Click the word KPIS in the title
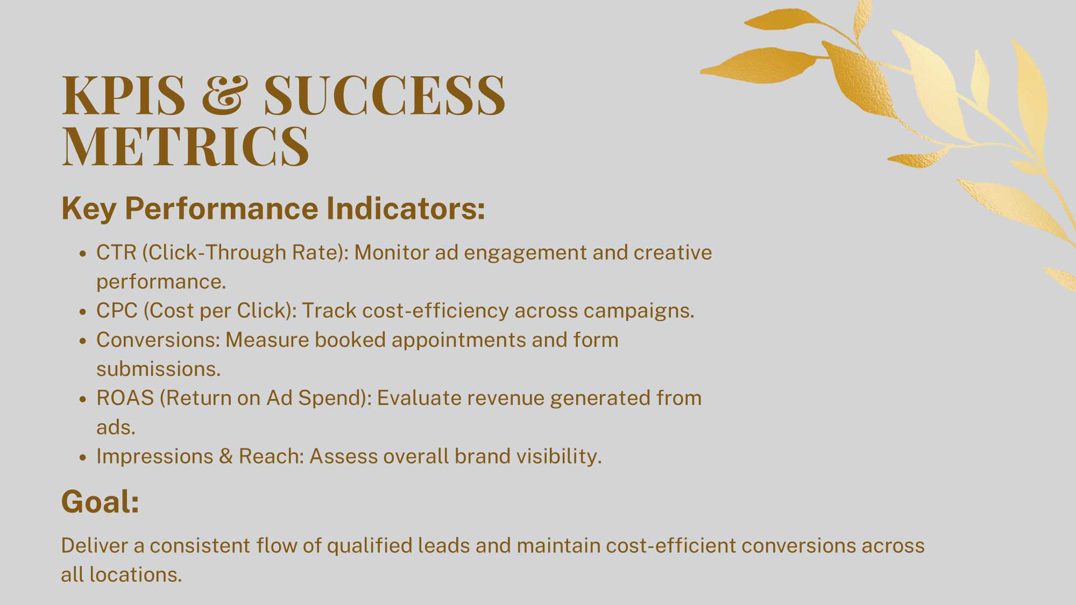pos(124,95)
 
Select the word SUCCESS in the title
pos(385,95)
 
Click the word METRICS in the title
pos(186,146)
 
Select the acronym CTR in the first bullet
pos(116,252)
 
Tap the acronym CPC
pos(117,310)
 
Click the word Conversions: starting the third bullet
pos(158,340)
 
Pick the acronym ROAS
pos(125,398)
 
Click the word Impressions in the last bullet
pos(155,456)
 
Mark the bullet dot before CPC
pos(82,312)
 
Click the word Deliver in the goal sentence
pos(95,545)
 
